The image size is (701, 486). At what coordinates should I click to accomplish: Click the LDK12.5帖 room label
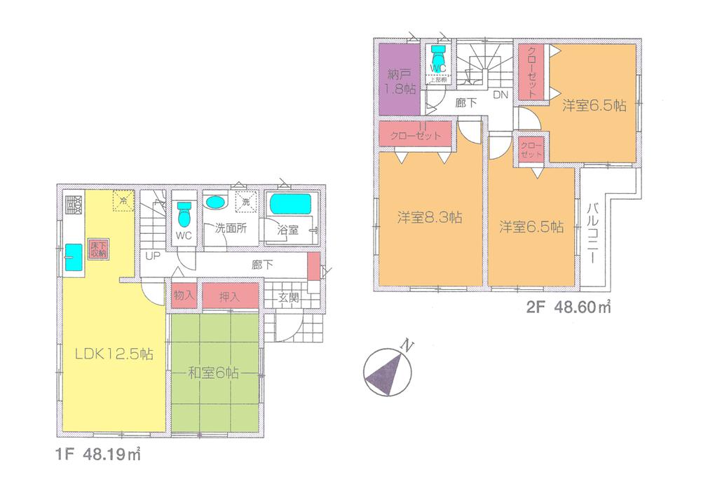coord(114,354)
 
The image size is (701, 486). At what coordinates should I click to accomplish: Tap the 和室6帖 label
coord(213,373)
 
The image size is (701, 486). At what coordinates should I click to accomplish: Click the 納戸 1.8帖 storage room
coord(400,81)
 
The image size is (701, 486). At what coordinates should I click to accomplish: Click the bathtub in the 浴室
coord(290,204)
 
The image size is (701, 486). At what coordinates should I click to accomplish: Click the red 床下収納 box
coord(97,249)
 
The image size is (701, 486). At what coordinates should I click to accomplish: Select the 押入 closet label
coord(229,296)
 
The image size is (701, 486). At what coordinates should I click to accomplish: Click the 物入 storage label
coord(183,296)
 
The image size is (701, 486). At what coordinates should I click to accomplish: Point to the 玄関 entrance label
coord(289,297)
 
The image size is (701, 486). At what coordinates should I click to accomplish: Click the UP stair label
coord(153,256)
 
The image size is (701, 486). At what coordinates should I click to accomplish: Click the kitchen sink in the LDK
coord(73,257)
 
